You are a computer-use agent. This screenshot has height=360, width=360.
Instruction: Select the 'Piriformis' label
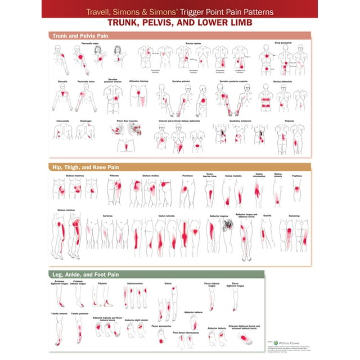coord(114,175)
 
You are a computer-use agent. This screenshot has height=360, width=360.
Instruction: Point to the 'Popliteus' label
coord(297,175)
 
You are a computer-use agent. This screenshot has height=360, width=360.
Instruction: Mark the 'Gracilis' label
coord(267,214)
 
